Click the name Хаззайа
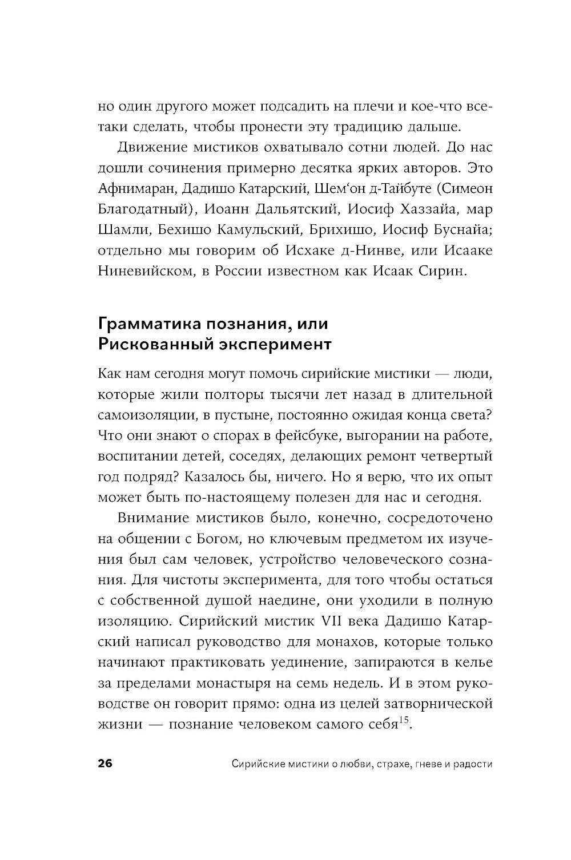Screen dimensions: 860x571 tap(419, 209)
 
